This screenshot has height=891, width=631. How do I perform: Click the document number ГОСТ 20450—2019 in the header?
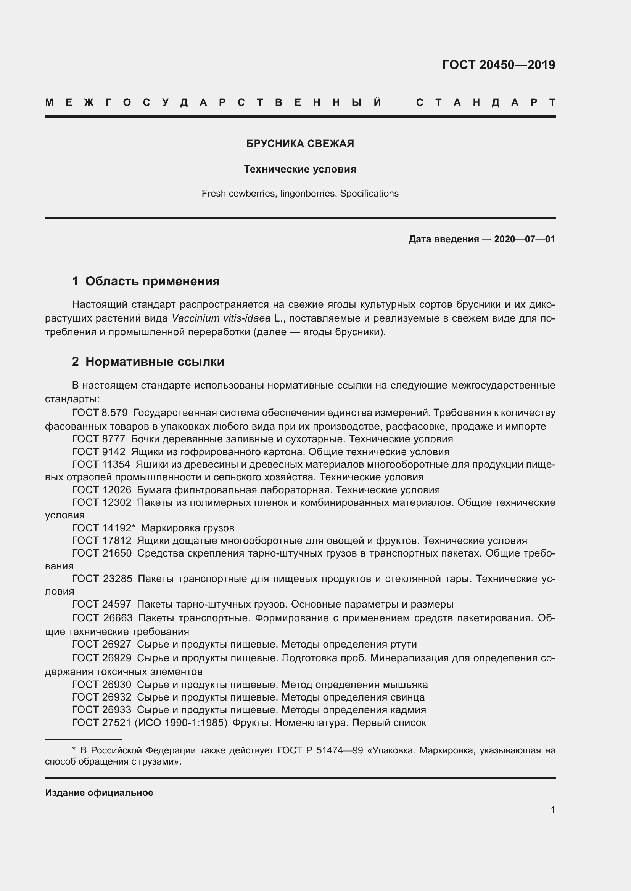[499, 64]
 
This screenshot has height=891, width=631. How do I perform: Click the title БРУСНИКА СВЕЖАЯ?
[300, 144]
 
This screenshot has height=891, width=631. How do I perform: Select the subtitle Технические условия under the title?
[300, 169]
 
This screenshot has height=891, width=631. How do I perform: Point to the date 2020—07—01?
[524, 239]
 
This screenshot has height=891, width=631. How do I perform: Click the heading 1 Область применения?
[146, 281]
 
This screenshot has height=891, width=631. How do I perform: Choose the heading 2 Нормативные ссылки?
[148, 361]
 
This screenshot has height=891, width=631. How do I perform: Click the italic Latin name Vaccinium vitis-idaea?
[221, 318]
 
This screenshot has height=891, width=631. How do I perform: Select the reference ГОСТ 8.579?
[100, 413]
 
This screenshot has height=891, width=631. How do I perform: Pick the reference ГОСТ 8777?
[99, 439]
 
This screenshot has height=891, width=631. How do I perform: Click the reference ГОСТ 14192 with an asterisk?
[103, 528]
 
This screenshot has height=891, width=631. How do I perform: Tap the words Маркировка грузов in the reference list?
[188, 528]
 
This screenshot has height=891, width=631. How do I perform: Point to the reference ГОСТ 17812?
[101, 541]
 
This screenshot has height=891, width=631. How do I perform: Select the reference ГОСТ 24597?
[101, 604]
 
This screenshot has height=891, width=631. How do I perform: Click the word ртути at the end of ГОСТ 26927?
[402, 644]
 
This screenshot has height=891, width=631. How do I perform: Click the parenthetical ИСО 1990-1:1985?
[181, 723]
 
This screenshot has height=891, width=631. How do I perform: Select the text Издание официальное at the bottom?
[99, 792]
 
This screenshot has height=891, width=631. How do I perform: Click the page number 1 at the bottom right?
[553, 809]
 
